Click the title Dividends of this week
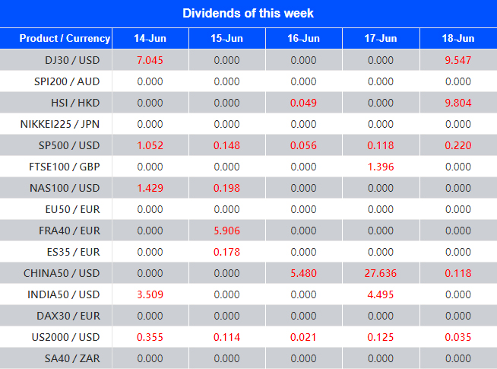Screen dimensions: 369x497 click(248, 13)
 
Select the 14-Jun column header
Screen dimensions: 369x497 click(150, 39)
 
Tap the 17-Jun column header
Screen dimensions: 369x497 click(381, 39)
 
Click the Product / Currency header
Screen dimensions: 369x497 click(64, 39)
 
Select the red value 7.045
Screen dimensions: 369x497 click(150, 60)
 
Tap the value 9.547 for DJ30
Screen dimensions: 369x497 click(458, 60)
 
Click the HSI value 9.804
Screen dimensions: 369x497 click(458, 103)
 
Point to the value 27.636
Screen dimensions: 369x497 click(381, 273)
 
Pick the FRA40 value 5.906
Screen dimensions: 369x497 click(226, 231)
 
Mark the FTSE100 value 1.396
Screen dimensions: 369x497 click(381, 167)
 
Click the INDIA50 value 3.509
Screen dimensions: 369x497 click(150, 294)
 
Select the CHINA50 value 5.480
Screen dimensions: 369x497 click(304, 273)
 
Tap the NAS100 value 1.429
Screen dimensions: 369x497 click(150, 188)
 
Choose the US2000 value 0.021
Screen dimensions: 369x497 click(304, 337)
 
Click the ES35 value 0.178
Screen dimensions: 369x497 click(226, 252)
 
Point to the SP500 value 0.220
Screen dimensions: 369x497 click(458, 145)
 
